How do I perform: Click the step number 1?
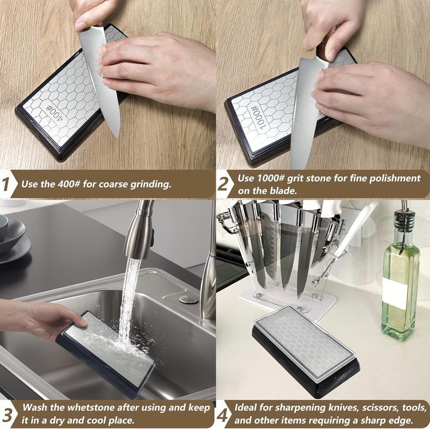point(5,184)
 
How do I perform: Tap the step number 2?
point(223,184)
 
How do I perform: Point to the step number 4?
point(223,414)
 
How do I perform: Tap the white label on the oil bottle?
point(395,293)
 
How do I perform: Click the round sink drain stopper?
point(189,299)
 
